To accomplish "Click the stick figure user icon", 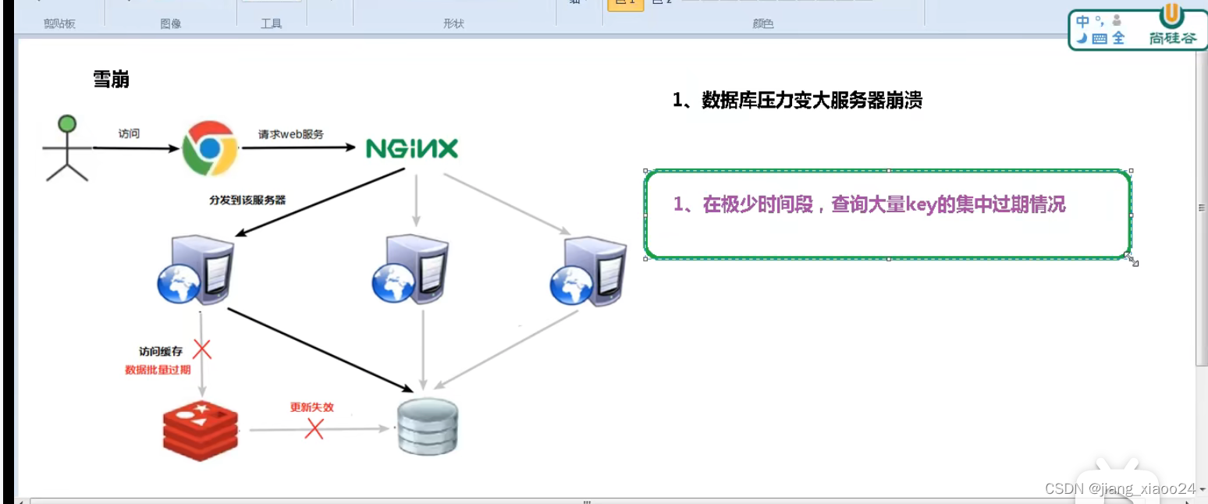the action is click(x=67, y=148).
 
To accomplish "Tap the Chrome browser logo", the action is click(x=210, y=148).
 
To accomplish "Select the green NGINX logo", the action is click(x=412, y=148).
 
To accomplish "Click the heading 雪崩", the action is click(x=112, y=80).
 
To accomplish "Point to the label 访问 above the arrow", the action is click(x=129, y=133).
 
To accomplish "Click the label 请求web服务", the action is click(x=291, y=133).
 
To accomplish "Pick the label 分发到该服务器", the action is click(x=247, y=200).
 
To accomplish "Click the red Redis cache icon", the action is click(x=201, y=426).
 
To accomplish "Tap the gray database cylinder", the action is click(x=427, y=426).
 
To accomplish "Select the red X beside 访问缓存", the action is click(x=203, y=349).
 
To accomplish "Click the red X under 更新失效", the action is click(x=314, y=428).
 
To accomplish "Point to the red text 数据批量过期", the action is click(x=158, y=370).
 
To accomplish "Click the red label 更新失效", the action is click(x=311, y=407).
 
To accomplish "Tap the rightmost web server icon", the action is click(x=588, y=271).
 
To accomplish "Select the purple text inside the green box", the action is click(x=870, y=205).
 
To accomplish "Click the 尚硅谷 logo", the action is click(x=1172, y=27).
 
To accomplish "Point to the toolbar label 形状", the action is click(x=453, y=24).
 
